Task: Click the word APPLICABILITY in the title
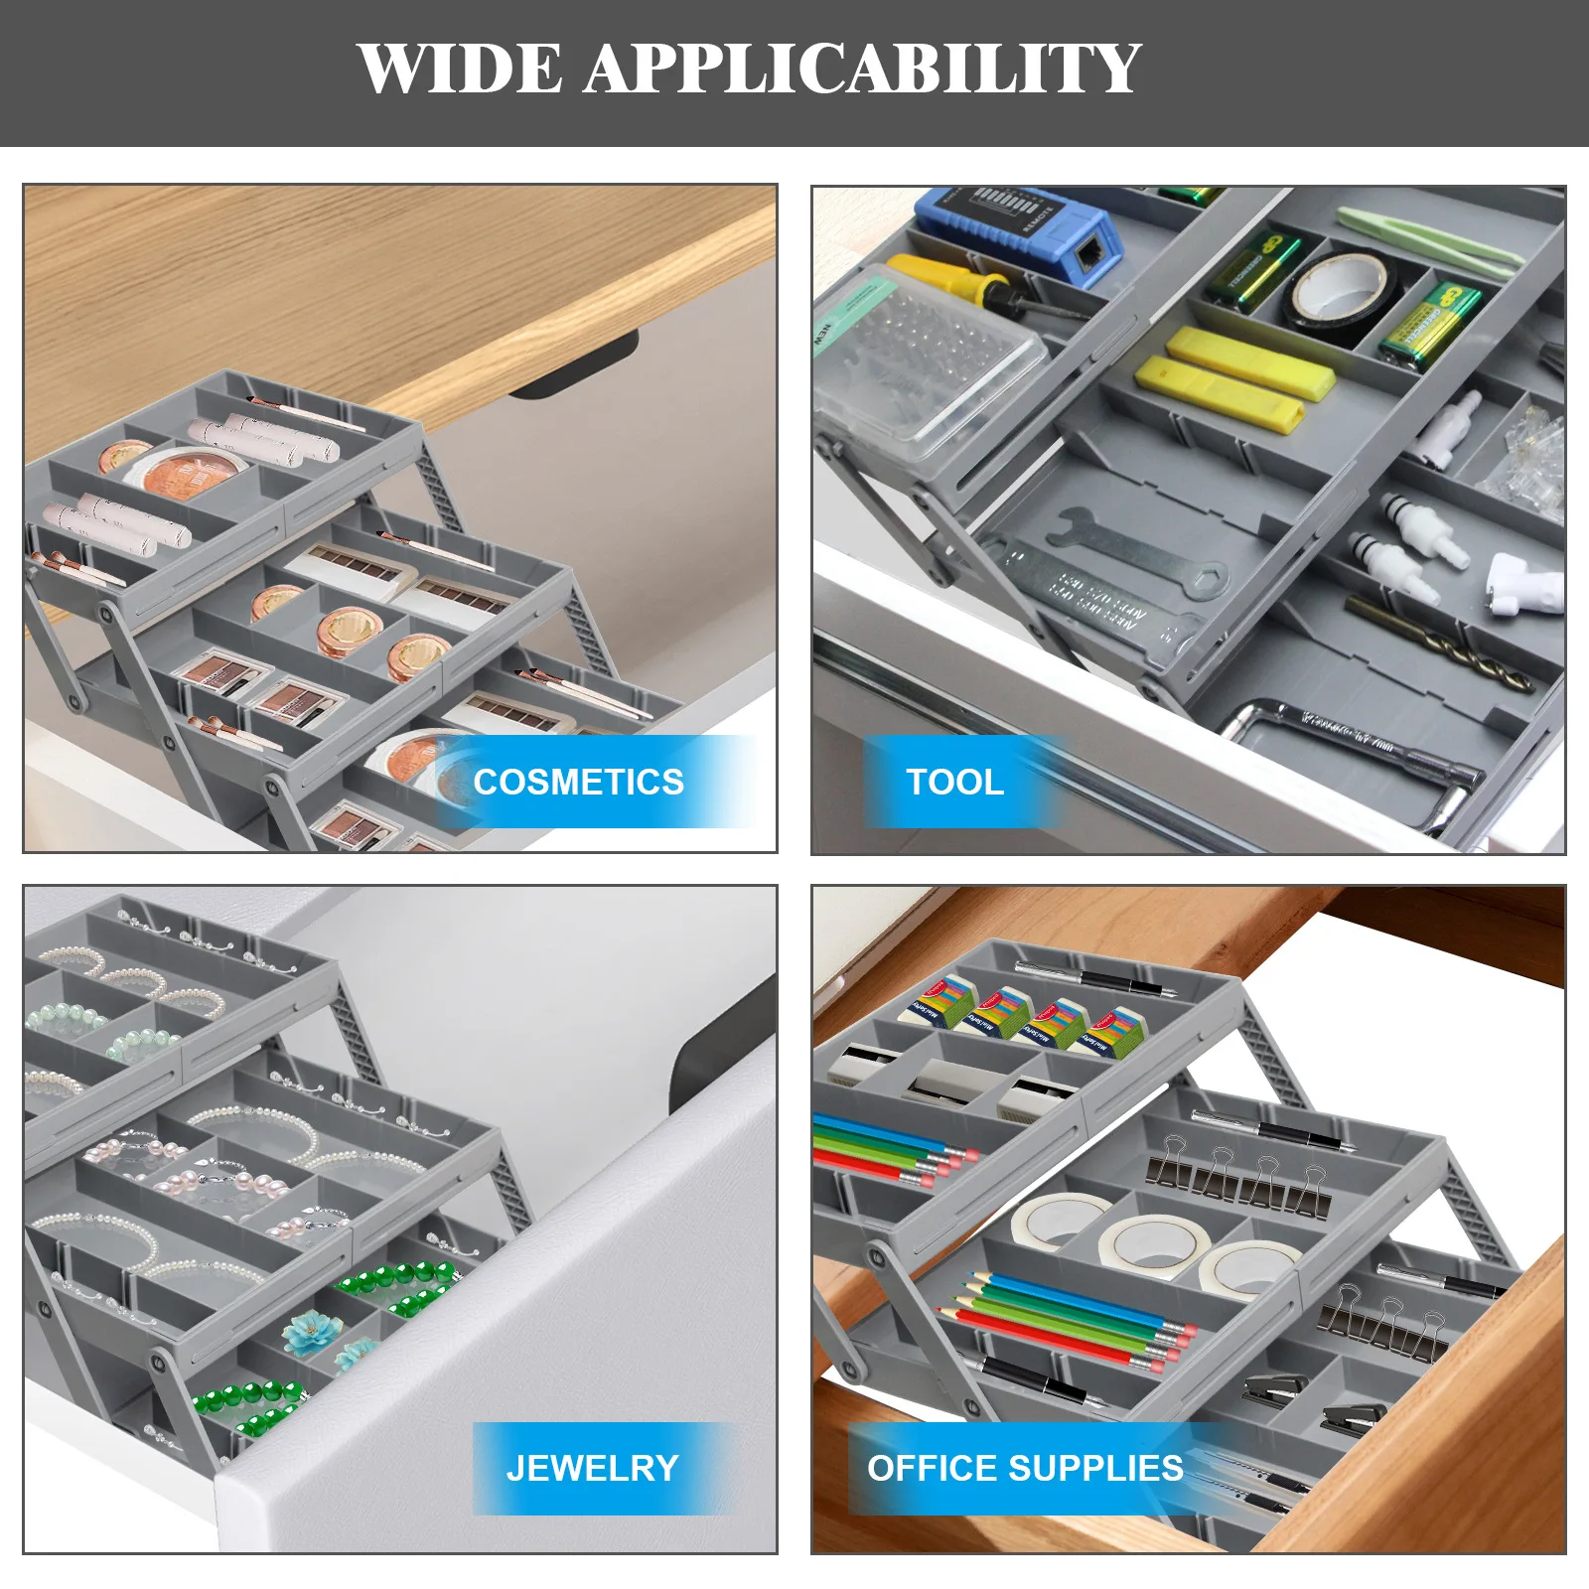(x=862, y=69)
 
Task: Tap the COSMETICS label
(x=579, y=782)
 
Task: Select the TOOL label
(x=954, y=782)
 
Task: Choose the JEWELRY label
(x=592, y=1468)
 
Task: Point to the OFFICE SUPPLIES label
(x=1025, y=1468)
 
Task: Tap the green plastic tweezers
(x=1430, y=238)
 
